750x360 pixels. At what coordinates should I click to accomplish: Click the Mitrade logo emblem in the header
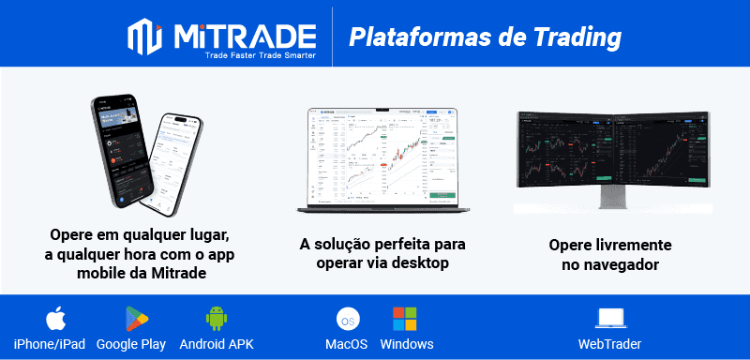tap(147, 37)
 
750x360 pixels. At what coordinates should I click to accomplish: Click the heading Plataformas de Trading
tap(485, 37)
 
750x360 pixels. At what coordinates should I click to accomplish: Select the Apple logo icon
tap(54, 318)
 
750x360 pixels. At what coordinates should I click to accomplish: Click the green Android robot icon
tap(217, 318)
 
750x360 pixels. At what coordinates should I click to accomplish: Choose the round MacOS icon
tap(347, 319)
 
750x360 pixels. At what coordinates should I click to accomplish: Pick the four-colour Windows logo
tap(405, 318)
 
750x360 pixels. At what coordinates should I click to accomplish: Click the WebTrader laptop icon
tap(611, 319)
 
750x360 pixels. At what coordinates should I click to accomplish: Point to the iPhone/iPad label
tap(50, 344)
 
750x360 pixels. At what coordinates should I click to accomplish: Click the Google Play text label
tap(131, 344)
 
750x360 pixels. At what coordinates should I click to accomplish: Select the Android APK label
tap(217, 344)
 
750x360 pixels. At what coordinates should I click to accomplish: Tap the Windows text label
tap(407, 344)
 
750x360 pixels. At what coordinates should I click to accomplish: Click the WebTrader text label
tap(610, 344)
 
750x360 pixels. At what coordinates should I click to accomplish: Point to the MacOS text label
tap(346, 344)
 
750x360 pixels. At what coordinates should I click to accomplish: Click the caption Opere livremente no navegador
tap(609, 254)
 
